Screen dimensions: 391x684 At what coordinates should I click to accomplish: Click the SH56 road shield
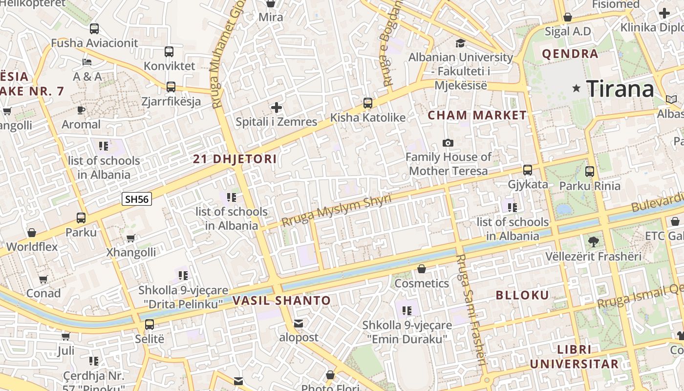click(x=137, y=199)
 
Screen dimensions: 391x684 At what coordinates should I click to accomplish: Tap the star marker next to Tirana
click(x=577, y=88)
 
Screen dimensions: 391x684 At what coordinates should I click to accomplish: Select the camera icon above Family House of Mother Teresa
click(x=448, y=143)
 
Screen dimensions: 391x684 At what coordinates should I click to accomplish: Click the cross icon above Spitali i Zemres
click(x=277, y=107)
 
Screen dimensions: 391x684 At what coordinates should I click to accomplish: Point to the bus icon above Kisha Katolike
click(x=368, y=103)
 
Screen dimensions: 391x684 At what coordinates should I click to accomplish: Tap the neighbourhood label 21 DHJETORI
click(x=235, y=159)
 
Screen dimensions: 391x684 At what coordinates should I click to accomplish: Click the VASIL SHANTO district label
click(x=282, y=301)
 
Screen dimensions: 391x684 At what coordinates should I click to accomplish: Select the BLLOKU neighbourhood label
click(x=522, y=295)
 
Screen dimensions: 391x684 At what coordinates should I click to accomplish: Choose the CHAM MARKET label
click(x=477, y=116)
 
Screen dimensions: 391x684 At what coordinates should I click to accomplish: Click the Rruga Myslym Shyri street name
click(x=336, y=211)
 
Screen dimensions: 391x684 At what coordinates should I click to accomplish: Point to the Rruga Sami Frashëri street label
click(x=471, y=310)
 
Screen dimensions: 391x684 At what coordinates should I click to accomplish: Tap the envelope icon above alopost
click(x=299, y=324)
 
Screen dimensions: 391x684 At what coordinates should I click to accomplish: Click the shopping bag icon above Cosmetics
click(x=422, y=269)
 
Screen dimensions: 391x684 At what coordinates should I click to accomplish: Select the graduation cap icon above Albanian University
click(x=460, y=43)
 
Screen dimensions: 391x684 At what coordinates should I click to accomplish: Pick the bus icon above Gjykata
click(x=528, y=170)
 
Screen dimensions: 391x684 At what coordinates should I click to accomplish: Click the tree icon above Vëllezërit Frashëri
click(x=593, y=241)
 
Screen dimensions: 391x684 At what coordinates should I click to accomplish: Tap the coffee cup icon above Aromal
click(x=81, y=110)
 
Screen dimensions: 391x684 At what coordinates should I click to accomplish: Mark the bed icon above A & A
click(x=87, y=62)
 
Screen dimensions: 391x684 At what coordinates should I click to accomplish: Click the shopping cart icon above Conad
click(x=43, y=279)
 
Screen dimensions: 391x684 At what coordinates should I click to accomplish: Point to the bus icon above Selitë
click(x=150, y=324)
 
